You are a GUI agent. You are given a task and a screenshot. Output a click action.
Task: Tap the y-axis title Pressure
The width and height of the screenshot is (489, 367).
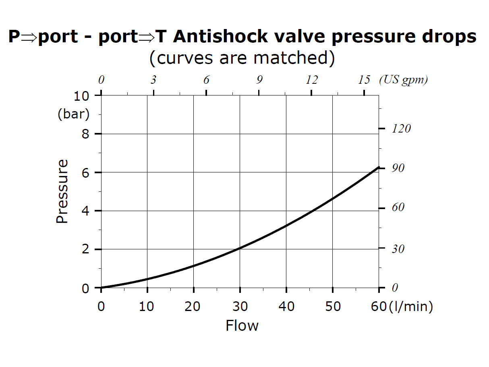[x=62, y=191]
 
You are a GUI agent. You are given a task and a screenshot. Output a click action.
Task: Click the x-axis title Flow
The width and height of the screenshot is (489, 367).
[x=242, y=325]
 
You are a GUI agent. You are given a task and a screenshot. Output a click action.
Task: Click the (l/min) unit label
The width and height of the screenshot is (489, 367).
[x=411, y=307]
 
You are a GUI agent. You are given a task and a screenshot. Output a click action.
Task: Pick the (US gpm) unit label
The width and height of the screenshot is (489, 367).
[x=403, y=80]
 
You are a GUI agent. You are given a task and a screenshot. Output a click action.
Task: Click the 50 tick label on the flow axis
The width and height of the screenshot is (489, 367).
[x=332, y=307]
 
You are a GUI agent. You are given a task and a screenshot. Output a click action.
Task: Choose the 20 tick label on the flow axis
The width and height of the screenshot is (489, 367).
[x=193, y=307]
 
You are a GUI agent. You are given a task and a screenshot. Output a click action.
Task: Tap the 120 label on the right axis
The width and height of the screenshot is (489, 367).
[x=401, y=129]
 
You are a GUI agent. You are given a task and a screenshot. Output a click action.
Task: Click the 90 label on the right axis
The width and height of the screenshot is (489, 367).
[x=398, y=168]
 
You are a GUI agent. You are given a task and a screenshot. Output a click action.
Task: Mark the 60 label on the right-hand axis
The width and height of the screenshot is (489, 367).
[x=398, y=207]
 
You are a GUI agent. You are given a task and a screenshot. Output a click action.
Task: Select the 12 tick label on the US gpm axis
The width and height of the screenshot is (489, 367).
[x=311, y=80]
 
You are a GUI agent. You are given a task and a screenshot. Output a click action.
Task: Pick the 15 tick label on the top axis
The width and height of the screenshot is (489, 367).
[x=364, y=80]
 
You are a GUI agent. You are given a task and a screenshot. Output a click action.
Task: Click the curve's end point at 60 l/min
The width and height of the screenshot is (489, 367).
[x=379, y=167]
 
